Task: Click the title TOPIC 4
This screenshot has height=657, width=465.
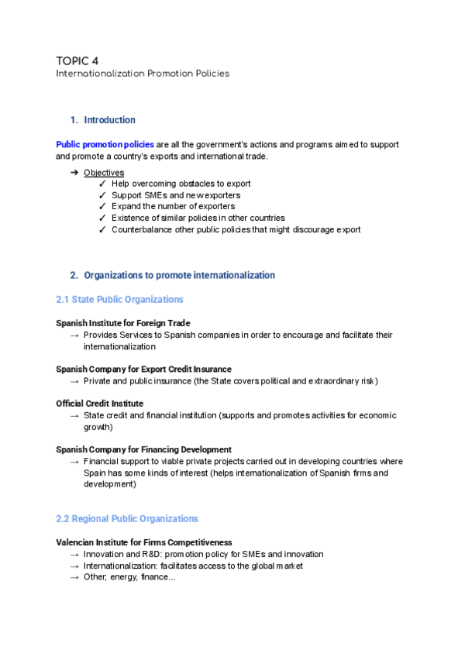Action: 77,60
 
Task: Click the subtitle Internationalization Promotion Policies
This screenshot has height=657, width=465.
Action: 142,74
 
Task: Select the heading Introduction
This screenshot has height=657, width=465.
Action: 109,120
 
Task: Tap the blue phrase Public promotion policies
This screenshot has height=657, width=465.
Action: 105,145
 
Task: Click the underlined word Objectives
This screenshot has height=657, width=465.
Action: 104,172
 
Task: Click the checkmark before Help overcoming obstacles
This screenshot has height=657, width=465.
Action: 103,184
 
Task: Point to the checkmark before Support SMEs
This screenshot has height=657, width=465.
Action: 103,195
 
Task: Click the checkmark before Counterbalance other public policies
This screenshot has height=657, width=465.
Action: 103,230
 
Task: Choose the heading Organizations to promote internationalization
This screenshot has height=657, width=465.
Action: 178,275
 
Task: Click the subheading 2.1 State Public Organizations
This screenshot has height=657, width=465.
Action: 120,299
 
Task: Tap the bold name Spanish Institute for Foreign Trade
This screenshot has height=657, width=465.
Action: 123,322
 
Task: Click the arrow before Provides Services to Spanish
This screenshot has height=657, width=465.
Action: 74,335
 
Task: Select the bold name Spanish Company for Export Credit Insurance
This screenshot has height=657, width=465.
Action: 143,369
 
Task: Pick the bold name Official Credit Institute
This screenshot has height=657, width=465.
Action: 99,404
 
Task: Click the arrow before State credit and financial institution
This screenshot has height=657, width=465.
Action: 74,416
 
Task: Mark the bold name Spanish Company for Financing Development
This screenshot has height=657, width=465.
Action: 143,449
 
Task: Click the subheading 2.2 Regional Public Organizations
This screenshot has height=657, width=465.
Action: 127,518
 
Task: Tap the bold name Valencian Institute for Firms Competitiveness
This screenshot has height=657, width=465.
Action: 144,542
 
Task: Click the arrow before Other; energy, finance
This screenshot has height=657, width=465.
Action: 74,578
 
